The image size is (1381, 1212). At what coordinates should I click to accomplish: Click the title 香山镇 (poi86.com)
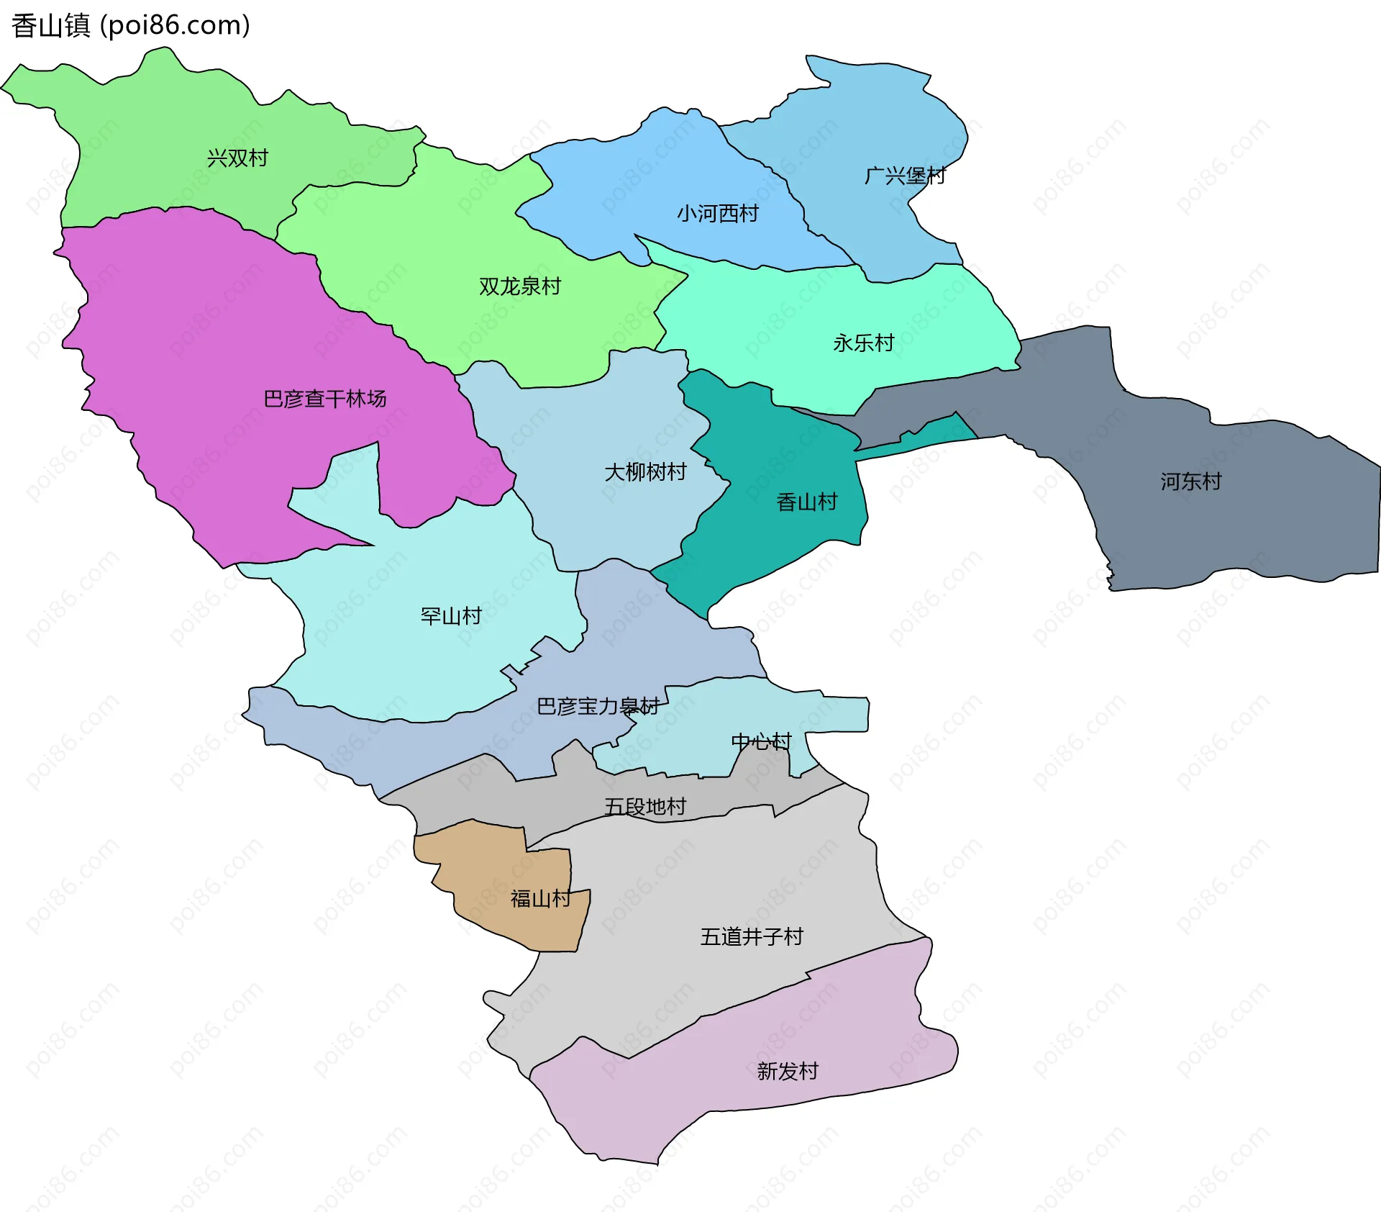click(131, 25)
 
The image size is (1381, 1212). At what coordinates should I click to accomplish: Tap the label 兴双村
click(237, 158)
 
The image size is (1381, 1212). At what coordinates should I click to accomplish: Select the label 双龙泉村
click(519, 286)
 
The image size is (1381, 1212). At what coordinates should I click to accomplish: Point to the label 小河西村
click(717, 213)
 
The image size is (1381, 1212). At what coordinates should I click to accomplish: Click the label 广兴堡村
click(904, 175)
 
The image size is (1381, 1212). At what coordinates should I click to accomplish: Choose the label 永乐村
click(863, 343)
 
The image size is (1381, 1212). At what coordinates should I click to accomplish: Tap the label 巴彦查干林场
click(324, 398)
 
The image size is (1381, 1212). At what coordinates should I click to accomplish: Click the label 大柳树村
click(645, 472)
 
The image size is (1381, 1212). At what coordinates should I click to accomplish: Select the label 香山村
click(807, 502)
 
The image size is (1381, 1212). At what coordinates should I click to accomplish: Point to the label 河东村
click(1190, 481)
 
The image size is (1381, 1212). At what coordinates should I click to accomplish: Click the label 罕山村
click(451, 616)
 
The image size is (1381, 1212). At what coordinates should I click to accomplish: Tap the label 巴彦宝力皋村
click(598, 706)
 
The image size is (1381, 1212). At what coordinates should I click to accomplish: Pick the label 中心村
click(761, 741)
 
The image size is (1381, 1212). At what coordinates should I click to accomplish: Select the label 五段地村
click(645, 806)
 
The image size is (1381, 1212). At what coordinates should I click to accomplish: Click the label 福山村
click(540, 898)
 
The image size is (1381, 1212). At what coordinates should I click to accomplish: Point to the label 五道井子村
click(752, 936)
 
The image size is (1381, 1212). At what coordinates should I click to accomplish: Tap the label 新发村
click(788, 1071)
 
